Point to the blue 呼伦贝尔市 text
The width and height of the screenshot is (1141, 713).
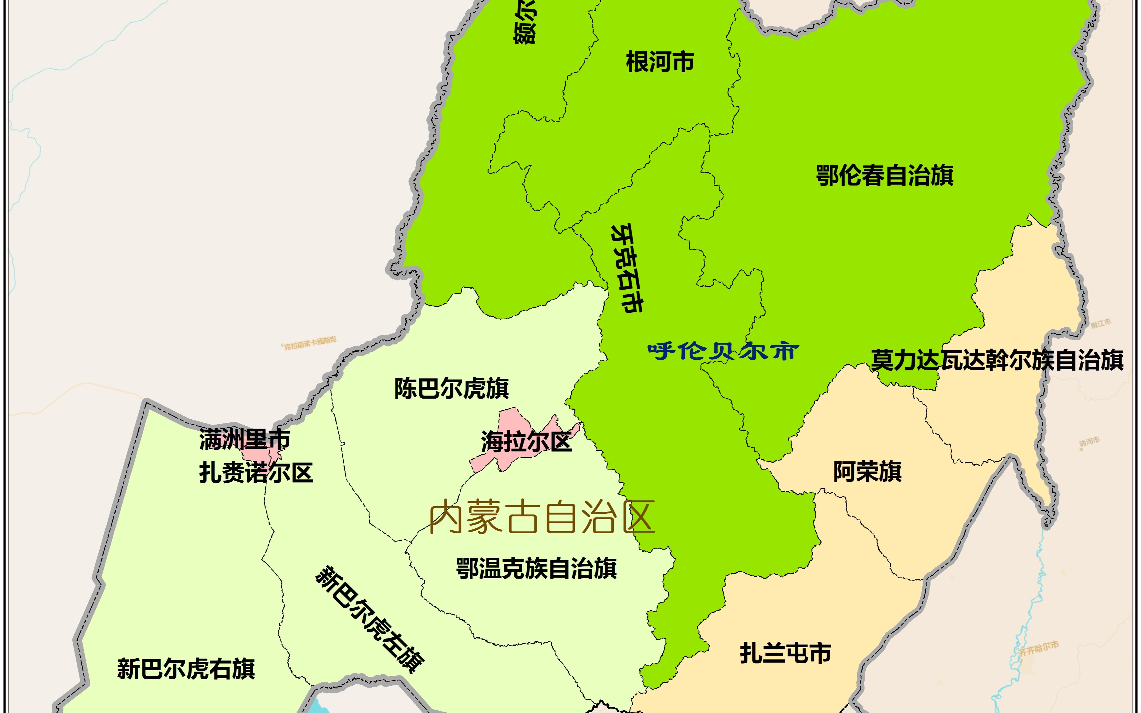coord(723,351)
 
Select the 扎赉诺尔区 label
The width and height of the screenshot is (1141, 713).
coord(256,473)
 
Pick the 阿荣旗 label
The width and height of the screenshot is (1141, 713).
coord(867,471)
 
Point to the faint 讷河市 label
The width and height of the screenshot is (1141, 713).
coord(1089,442)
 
